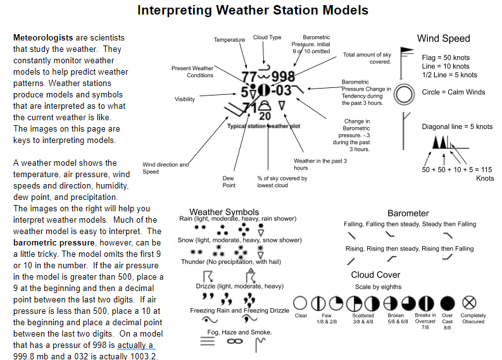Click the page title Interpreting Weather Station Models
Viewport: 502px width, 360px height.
(253, 11)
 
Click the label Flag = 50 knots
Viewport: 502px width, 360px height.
(446, 58)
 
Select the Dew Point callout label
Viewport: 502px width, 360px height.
(229, 182)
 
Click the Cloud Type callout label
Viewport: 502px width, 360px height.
(267, 37)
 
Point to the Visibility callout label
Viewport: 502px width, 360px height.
(185, 99)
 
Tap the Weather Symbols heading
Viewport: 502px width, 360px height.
(224, 211)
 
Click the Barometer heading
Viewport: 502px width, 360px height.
(408, 213)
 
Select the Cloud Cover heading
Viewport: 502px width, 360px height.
(375, 275)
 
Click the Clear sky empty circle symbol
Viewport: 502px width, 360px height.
(301, 302)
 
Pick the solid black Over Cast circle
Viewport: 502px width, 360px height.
(448, 302)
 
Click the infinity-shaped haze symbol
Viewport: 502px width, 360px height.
(235, 342)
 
